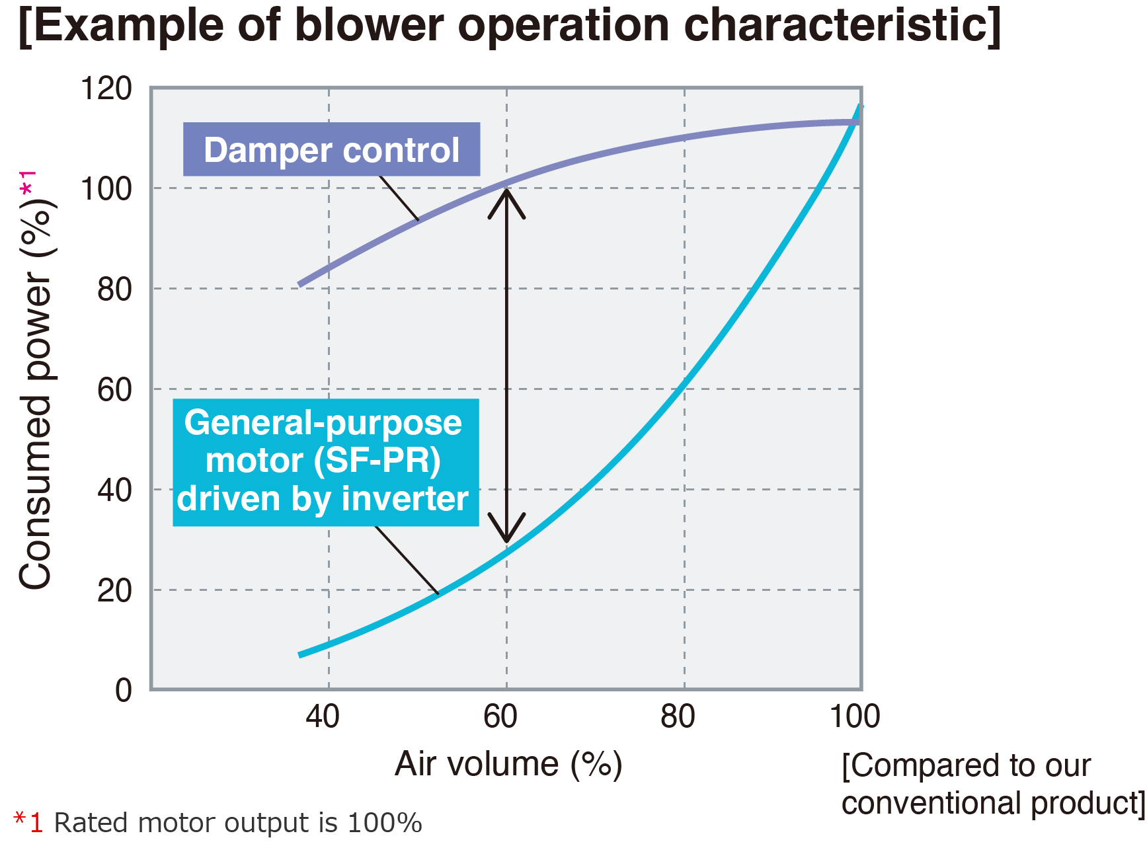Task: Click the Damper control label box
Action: pos(331,149)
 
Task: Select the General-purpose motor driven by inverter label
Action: pos(325,462)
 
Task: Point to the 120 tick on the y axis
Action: pos(106,89)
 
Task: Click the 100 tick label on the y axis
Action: pos(106,189)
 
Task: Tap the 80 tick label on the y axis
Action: pos(114,289)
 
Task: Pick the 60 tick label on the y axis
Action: pos(114,390)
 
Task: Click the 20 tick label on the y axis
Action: pos(114,590)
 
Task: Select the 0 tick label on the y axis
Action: pos(124,691)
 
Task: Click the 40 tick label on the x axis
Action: pos(323,716)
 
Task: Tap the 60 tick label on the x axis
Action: pos(500,716)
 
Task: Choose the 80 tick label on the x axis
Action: pos(678,716)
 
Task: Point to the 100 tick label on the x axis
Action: pos(855,716)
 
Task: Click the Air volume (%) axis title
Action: pos(508,765)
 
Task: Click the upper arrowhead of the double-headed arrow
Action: pos(506,202)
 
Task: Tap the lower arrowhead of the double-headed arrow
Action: pos(506,529)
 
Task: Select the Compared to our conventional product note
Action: pos(993,785)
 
